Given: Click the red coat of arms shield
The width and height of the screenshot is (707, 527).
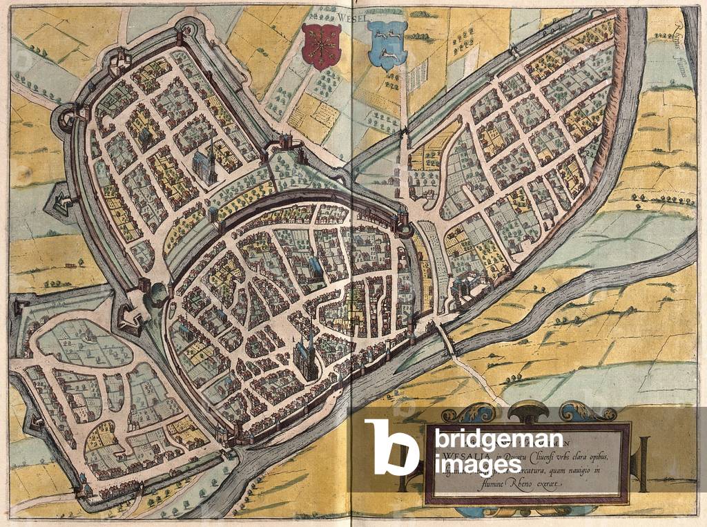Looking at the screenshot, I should click(x=319, y=46).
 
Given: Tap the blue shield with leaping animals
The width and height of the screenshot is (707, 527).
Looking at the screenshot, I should click(x=387, y=44).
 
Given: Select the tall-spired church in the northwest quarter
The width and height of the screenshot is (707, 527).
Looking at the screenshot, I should click(x=204, y=164).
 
